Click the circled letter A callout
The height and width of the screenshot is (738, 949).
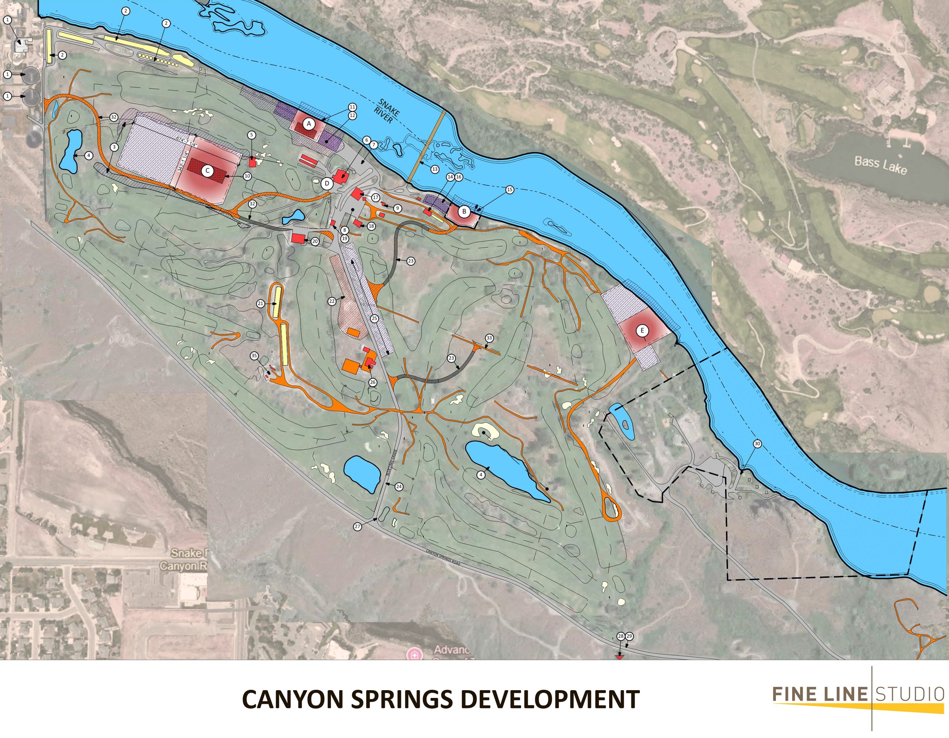tap(308, 124)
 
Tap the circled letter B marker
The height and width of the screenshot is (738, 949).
tap(464, 212)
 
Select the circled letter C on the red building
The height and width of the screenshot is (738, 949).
tap(208, 171)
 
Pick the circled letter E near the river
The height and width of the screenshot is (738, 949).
tap(642, 331)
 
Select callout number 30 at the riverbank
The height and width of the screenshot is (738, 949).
tap(757, 444)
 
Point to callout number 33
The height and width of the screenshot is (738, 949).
tap(489, 338)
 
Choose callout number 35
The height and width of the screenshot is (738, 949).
tap(254, 356)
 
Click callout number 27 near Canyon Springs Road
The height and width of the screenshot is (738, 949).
tap(358, 526)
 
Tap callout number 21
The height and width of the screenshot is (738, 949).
tap(261, 304)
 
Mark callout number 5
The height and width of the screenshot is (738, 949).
tap(251, 135)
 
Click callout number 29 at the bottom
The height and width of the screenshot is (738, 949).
tap(629, 636)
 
